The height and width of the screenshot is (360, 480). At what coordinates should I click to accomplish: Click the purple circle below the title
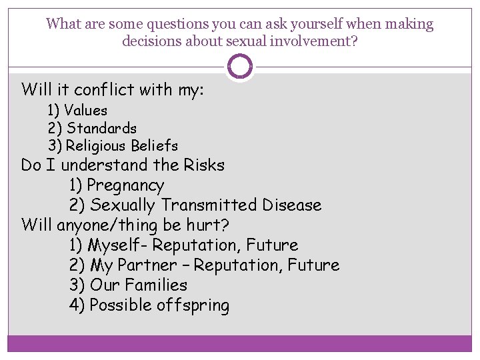240,67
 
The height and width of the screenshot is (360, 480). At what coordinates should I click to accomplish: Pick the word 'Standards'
101,128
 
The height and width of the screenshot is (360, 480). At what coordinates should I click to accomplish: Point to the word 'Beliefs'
154,145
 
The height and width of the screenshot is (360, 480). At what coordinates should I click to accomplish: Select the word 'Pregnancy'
125,185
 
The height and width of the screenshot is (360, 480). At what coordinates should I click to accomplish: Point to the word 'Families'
155,285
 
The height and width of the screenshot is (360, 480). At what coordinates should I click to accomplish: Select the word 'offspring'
193,306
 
